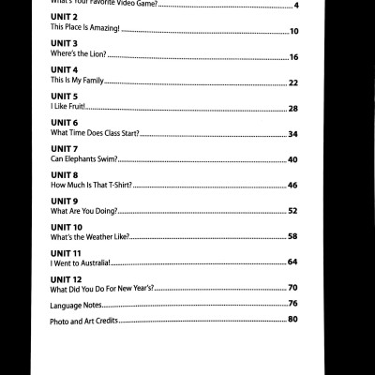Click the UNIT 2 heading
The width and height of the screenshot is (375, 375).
pyautogui.click(x=64, y=19)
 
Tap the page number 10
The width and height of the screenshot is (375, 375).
pyautogui.click(x=293, y=31)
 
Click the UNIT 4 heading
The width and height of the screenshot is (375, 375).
pyautogui.click(x=64, y=71)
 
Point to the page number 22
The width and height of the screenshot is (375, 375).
pyautogui.click(x=292, y=83)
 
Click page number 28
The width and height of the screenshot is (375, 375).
pyautogui.click(x=292, y=109)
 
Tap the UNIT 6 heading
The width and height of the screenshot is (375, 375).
pyautogui.click(x=64, y=124)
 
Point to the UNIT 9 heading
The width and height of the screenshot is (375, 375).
pyautogui.click(x=64, y=202)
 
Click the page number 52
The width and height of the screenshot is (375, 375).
pyautogui.click(x=292, y=211)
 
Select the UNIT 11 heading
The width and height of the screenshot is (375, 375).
pyautogui.click(x=66, y=253)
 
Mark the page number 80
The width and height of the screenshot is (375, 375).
pyautogui.click(x=292, y=320)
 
